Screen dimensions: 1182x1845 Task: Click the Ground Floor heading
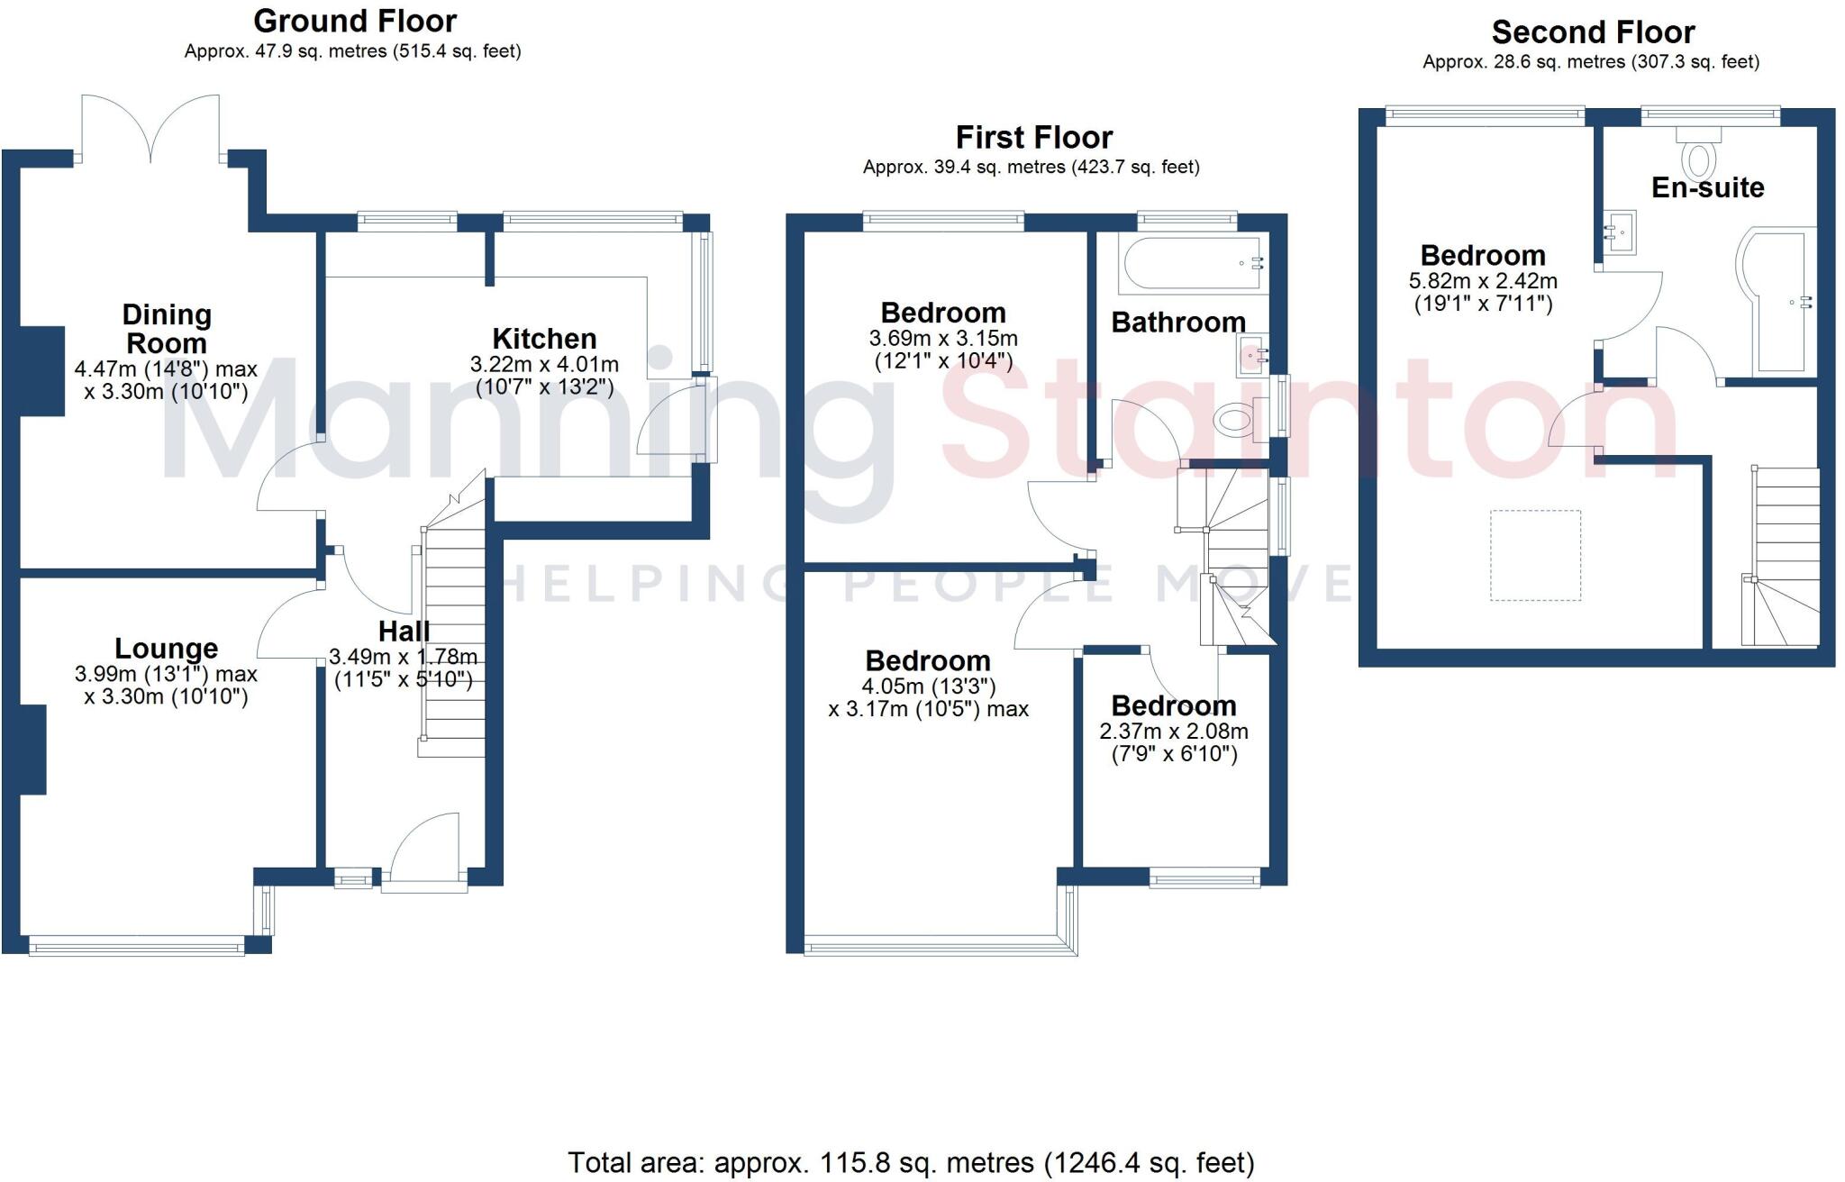pyautogui.click(x=355, y=21)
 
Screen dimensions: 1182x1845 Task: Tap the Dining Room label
pyautogui.click(x=167, y=329)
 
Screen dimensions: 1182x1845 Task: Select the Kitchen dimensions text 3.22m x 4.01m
pyautogui.click(x=544, y=365)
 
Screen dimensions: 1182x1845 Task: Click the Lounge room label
pyautogui.click(x=167, y=649)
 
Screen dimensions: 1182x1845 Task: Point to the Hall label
pyautogui.click(x=404, y=631)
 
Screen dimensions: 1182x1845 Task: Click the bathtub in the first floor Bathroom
pyautogui.click(x=1189, y=263)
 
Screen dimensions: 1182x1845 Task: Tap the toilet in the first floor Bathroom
pyautogui.click(x=1234, y=419)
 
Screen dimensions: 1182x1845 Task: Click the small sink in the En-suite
pyautogui.click(x=1619, y=232)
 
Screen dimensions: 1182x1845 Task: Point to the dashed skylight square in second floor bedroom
pyautogui.click(x=1535, y=555)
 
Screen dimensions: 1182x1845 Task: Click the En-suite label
pyautogui.click(x=1707, y=187)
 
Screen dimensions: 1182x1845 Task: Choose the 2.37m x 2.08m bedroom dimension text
pyautogui.click(x=1174, y=732)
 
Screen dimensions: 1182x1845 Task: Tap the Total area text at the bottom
pyautogui.click(x=910, y=1163)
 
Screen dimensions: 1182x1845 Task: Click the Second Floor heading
pyautogui.click(x=1593, y=32)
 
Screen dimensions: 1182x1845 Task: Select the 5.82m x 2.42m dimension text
pyautogui.click(x=1483, y=281)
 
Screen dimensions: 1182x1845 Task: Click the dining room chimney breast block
pyautogui.click(x=41, y=371)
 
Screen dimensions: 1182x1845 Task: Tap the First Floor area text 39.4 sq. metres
pyautogui.click(x=1031, y=168)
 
